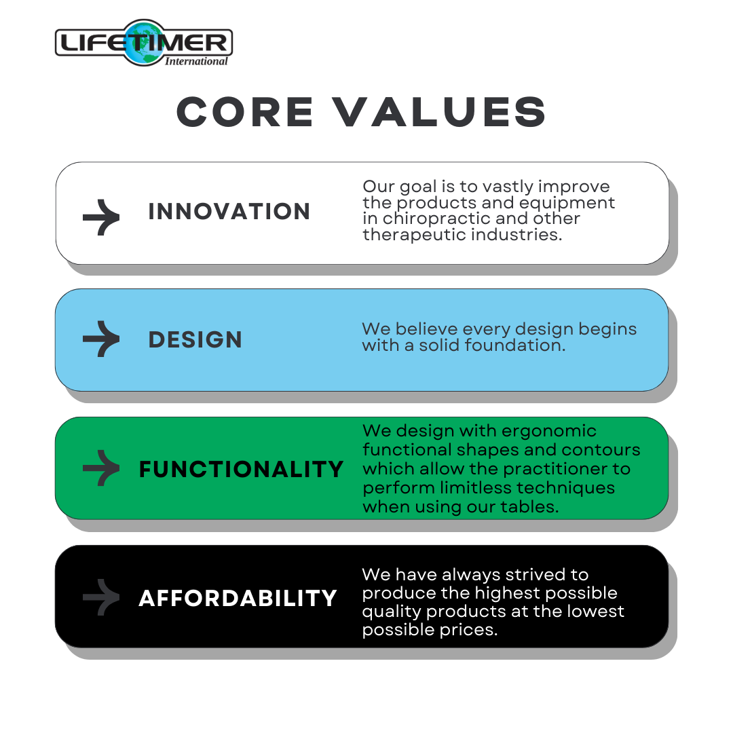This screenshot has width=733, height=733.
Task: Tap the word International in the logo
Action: click(196, 61)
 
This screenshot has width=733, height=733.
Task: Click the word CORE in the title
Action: click(245, 112)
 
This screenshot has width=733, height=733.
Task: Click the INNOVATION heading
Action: click(229, 212)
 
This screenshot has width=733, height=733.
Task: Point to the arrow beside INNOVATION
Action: click(101, 217)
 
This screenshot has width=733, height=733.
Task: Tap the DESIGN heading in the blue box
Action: click(195, 340)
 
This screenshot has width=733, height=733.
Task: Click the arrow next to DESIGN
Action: click(101, 339)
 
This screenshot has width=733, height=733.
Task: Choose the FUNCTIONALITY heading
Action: click(241, 469)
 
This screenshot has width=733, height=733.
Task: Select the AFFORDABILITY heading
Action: click(238, 598)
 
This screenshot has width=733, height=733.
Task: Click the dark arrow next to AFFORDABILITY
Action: click(101, 597)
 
